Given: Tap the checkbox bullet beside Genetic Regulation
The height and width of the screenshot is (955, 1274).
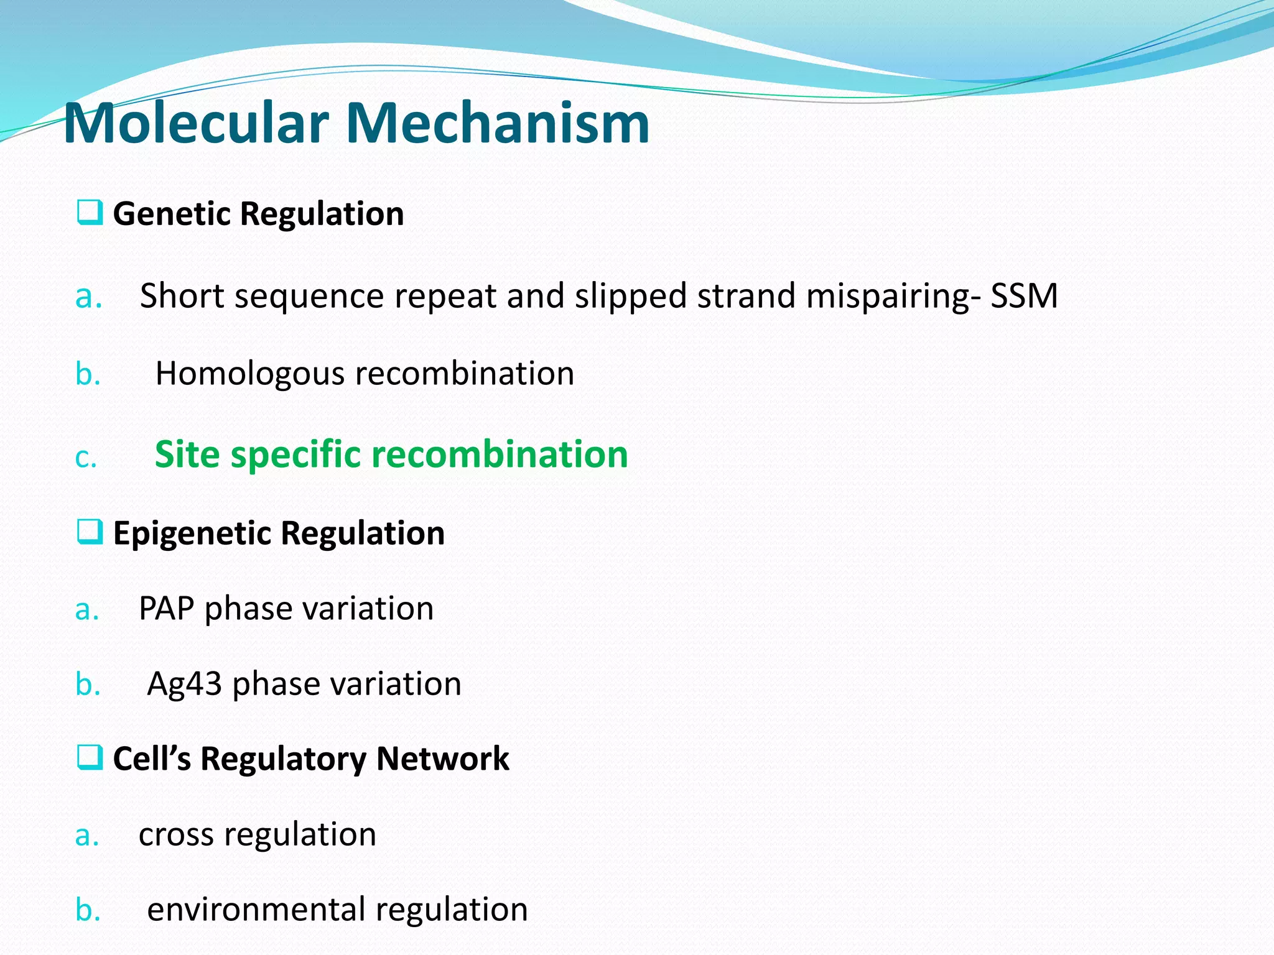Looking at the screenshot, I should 90,213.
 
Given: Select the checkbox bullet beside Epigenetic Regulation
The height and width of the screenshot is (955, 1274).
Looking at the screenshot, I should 90,532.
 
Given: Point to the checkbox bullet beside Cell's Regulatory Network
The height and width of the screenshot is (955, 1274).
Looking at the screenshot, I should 90,758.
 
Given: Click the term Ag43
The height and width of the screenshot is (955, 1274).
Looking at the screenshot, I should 184,685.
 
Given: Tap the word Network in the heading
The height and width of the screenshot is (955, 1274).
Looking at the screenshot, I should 442,759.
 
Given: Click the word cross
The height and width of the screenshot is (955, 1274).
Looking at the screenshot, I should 175,835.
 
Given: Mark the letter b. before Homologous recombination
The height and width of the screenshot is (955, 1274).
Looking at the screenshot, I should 88,374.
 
